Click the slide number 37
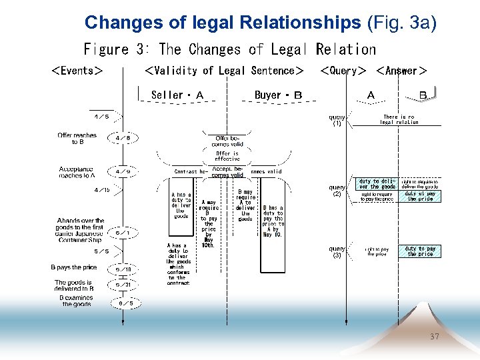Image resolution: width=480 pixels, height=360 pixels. [435, 337]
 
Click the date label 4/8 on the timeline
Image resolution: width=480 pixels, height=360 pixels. [123, 138]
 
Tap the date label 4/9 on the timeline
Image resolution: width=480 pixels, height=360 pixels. [123, 171]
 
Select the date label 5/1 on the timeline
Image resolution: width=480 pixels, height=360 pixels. [123, 233]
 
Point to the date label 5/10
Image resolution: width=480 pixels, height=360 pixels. [123, 270]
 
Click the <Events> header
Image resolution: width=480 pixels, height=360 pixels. [77, 71]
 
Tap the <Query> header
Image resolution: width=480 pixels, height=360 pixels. [343, 71]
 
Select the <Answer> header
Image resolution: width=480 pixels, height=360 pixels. [401, 71]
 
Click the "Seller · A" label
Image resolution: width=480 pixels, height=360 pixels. [177, 95]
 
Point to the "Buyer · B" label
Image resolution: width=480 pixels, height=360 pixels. [278, 95]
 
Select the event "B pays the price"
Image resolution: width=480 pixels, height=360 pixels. [74, 267]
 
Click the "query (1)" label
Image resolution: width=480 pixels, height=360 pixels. [337, 120]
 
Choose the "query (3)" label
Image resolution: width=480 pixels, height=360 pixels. [337, 252]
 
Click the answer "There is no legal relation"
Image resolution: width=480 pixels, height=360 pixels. [399, 119]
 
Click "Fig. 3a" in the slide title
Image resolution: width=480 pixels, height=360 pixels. [401, 23]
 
